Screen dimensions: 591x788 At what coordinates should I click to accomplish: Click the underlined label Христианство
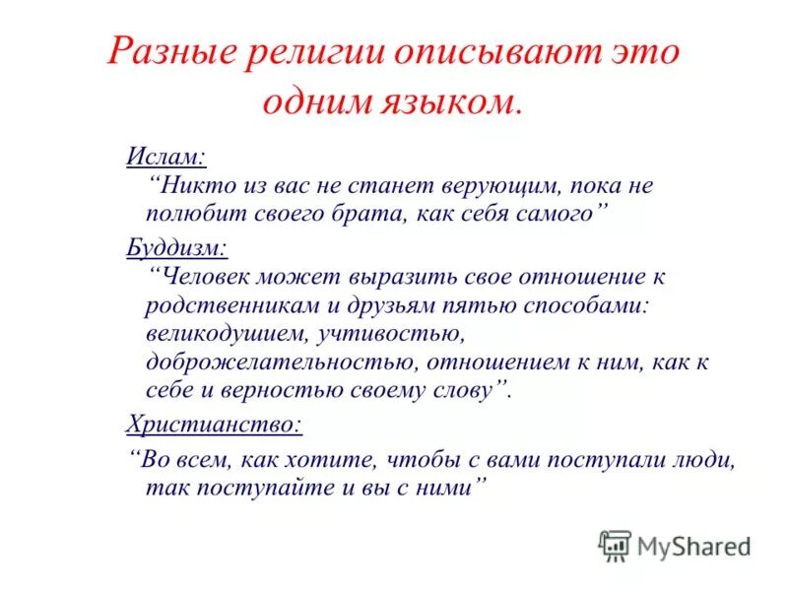(x=214, y=425)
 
